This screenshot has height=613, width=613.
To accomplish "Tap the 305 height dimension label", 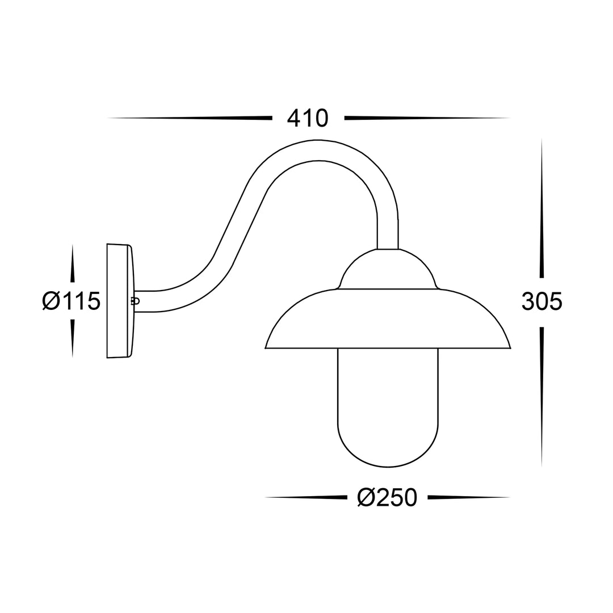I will click(541, 301).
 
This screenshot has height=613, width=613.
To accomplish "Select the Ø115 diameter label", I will click(70, 300).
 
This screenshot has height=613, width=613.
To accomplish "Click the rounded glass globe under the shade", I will click(388, 420).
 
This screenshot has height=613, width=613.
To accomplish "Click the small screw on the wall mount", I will click(135, 301).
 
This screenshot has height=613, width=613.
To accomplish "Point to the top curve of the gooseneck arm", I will click(321, 150).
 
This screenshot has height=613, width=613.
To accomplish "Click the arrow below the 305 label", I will click(541, 392).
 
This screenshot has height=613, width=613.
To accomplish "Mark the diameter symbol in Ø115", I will click(51, 300).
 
